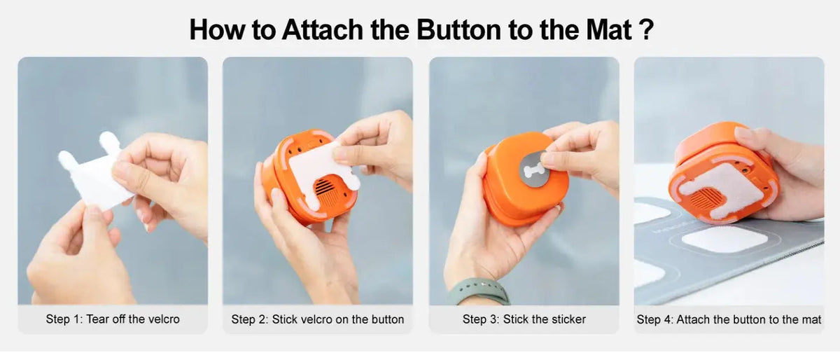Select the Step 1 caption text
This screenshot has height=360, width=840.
click(x=113, y=319)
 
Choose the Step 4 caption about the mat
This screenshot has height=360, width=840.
click(x=729, y=319)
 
